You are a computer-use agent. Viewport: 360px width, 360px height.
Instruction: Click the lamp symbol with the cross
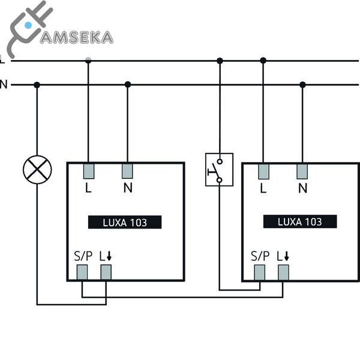(37, 170)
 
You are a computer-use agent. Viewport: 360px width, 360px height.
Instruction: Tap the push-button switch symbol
(219, 169)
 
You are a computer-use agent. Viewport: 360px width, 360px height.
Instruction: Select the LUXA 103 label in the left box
(125, 222)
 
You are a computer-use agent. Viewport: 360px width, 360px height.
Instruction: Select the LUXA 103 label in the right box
(300, 222)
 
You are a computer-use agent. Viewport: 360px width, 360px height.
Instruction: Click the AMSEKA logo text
(76, 38)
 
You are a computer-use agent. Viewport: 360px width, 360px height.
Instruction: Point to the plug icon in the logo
(27, 27)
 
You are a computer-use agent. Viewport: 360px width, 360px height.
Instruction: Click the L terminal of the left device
(88, 171)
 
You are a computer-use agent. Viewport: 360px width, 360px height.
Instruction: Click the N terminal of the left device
(127, 171)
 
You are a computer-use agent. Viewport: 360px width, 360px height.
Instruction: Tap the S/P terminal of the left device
(82, 272)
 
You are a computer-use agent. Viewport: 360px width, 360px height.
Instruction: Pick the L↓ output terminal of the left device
(106, 272)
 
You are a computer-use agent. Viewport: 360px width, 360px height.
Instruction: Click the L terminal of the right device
(263, 171)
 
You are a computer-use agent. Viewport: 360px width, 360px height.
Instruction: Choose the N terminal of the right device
(302, 171)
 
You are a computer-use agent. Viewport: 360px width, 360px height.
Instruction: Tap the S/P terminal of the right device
(260, 272)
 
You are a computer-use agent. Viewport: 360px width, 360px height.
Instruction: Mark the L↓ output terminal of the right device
(283, 272)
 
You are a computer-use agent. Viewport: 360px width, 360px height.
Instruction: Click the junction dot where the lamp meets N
(37, 85)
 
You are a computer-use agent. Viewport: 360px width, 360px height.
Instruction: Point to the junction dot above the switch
(220, 61)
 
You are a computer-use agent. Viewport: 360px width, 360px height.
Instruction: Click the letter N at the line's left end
(4, 85)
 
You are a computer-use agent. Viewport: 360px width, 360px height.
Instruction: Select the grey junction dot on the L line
(88, 61)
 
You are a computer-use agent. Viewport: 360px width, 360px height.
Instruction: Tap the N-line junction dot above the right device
(302, 85)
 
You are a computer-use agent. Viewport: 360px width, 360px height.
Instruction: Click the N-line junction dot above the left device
(127, 85)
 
